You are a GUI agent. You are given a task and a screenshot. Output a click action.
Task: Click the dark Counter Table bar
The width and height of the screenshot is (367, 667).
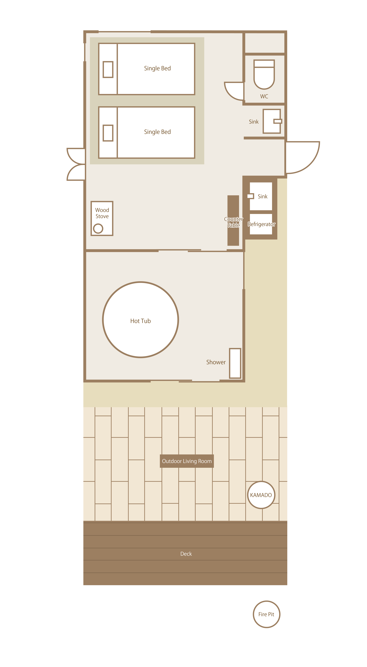(233, 220)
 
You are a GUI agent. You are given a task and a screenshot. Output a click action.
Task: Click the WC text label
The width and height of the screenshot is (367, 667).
(264, 96)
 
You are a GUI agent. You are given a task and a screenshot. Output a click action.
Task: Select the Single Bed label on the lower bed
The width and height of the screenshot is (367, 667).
(157, 132)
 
